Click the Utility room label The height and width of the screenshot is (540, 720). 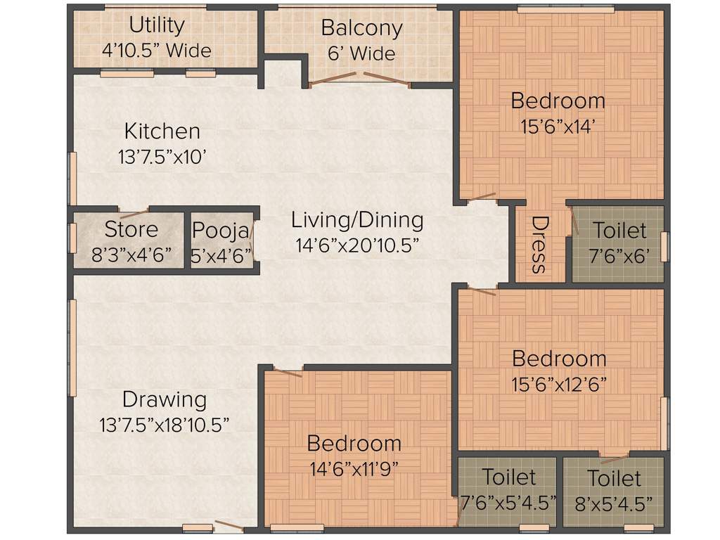[x=156, y=25]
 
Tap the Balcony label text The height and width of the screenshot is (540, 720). [x=361, y=28]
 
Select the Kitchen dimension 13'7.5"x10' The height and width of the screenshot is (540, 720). [x=162, y=157]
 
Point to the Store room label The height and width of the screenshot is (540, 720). [x=131, y=230]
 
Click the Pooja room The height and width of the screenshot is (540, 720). [x=221, y=241]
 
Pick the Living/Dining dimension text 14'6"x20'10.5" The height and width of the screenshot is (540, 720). [x=357, y=245]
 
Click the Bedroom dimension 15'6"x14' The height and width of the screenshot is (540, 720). [x=558, y=127]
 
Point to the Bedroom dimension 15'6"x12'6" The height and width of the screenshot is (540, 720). [x=559, y=385]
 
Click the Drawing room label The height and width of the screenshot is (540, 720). [x=165, y=399]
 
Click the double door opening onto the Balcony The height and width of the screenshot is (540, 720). [x=359, y=79]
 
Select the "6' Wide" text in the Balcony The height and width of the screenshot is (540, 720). [x=361, y=53]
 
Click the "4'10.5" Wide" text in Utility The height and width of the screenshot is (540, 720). [x=156, y=51]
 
